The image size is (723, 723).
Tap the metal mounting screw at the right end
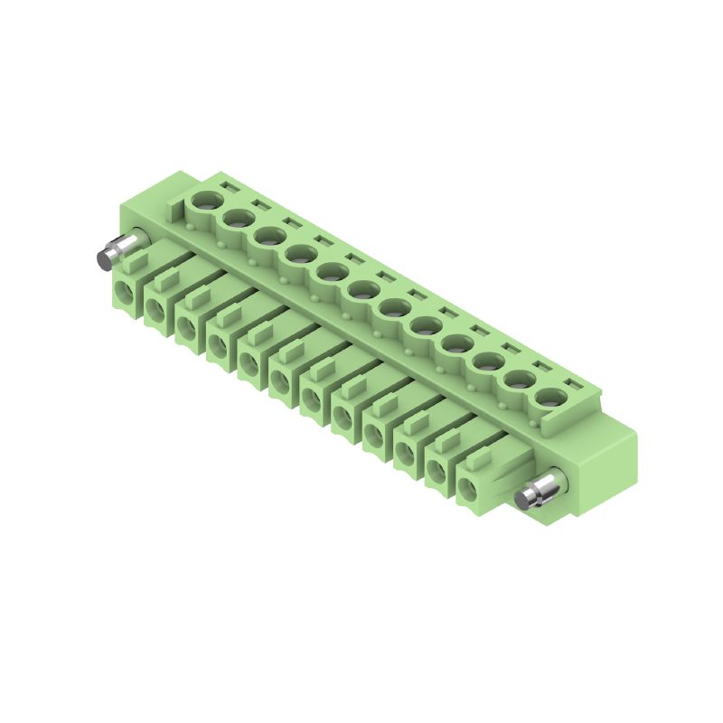click(539, 494)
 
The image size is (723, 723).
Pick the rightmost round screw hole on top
click(549, 398)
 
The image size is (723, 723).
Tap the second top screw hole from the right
click(519, 380)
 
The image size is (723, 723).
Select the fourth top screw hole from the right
click(456, 343)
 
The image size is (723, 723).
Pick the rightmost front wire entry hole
click(469, 492)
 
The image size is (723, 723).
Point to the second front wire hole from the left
click(155, 311)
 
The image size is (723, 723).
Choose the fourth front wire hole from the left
click(219, 347)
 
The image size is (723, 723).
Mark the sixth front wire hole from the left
click(281, 383)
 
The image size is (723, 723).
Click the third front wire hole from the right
click(407, 455)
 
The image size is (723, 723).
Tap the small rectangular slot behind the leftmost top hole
click(228, 188)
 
